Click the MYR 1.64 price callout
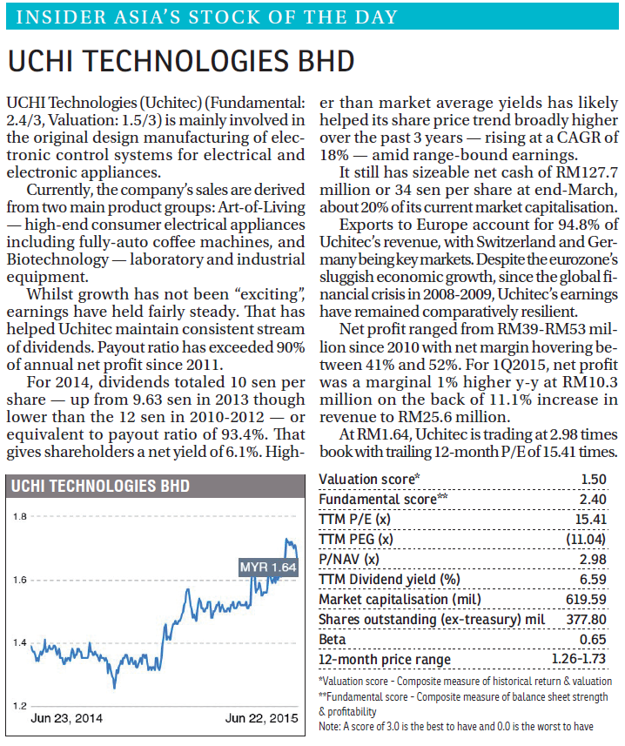[x=268, y=567]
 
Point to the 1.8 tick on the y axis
[x=20, y=516]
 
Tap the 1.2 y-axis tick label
[x=20, y=706]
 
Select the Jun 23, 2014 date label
[x=66, y=718]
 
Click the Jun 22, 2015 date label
[x=262, y=718]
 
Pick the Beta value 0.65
[x=593, y=640]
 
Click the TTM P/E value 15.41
[x=591, y=519]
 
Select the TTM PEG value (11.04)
[x=586, y=539]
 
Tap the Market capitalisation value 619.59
[x=586, y=599]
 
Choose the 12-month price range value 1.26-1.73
[x=579, y=659]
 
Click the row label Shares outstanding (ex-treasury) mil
[x=432, y=620]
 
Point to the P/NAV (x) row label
[x=349, y=559]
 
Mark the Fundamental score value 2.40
[x=593, y=499]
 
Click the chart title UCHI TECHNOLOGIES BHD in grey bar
[x=100, y=486]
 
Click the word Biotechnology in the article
[x=57, y=259]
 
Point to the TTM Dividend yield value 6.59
[x=593, y=579]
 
